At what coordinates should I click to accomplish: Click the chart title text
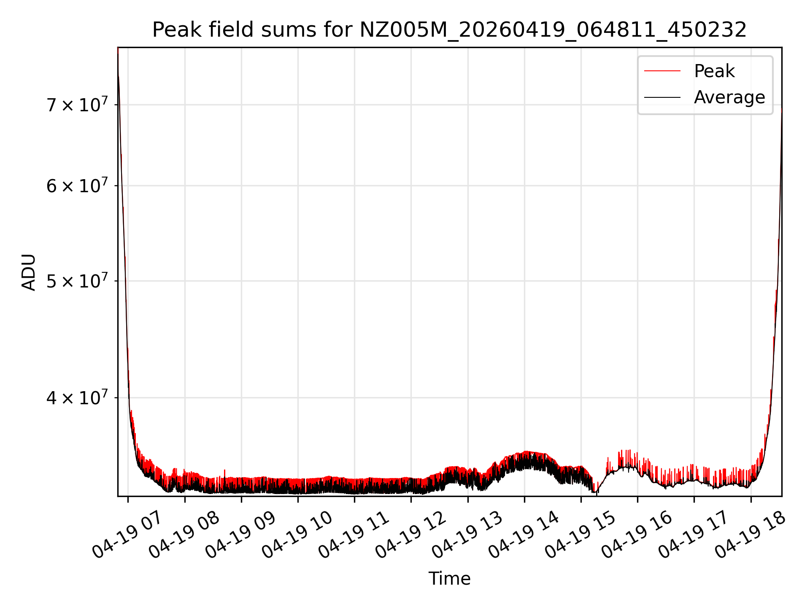[x=449, y=30]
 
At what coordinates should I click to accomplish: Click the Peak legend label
[x=714, y=71]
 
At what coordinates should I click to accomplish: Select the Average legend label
[x=729, y=97]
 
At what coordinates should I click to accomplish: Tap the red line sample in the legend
[x=662, y=71]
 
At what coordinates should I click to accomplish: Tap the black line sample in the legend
[x=662, y=97]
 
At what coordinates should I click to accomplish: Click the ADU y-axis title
[x=29, y=272]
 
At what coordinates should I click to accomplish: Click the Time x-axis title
[x=449, y=578]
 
